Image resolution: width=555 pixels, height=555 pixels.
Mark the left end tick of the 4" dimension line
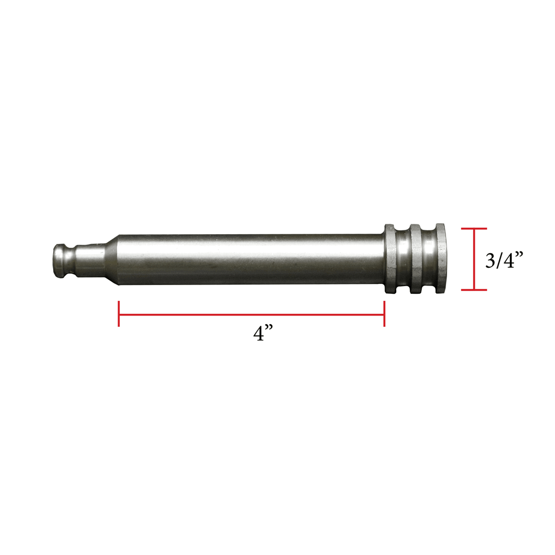pyautogui.click(x=119, y=314)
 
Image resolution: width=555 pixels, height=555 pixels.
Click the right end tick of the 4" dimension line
pyautogui.click(x=384, y=314)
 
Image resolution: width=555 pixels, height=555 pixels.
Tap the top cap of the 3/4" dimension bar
pyautogui.click(x=474, y=229)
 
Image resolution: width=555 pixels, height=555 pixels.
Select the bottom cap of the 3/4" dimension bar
pyautogui.click(x=474, y=290)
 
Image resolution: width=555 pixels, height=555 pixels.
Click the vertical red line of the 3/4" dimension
pyautogui.click(x=474, y=260)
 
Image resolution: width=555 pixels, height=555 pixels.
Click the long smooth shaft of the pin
pyautogui.click(x=249, y=259)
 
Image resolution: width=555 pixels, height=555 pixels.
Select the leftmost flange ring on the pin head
pyautogui.click(x=390, y=259)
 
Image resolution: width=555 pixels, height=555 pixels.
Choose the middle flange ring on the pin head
pyautogui.click(x=415, y=259)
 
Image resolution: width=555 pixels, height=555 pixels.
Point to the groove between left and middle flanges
pyautogui.click(x=403, y=259)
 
